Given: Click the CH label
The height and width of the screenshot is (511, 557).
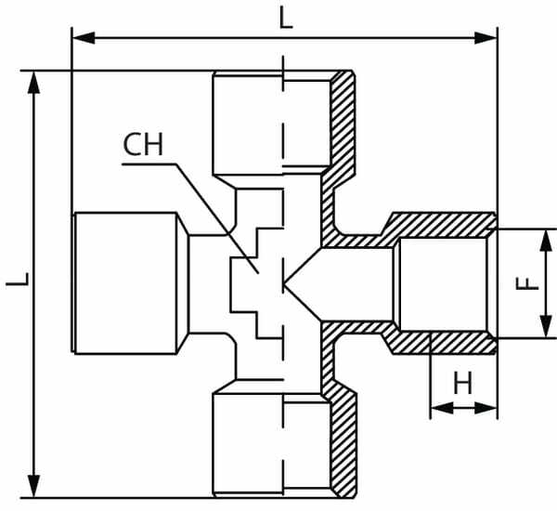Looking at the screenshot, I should (143, 145).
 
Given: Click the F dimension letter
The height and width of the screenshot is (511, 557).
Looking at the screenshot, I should (527, 280).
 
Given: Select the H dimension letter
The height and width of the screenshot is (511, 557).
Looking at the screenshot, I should (462, 382).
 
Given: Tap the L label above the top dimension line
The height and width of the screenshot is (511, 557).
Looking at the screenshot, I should (285, 18).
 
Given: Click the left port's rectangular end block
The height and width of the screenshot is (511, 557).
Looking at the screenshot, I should (125, 282).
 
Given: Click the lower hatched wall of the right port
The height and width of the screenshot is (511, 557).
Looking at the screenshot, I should (436, 342).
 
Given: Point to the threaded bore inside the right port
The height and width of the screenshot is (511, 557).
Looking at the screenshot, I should (441, 283).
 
